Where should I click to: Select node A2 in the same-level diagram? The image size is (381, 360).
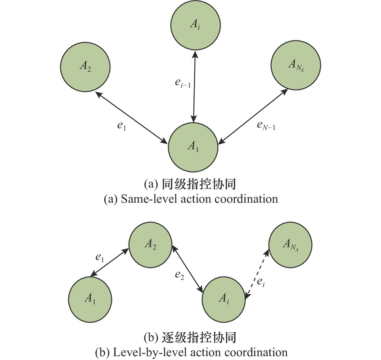click(84, 67)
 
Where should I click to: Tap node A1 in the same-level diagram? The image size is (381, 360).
click(193, 147)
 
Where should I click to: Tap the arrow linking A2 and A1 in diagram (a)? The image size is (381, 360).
click(131, 117)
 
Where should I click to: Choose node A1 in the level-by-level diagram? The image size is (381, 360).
click(90, 298)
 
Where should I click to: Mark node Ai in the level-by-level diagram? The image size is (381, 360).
click(224, 298)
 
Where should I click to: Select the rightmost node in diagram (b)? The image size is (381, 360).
click(290, 245)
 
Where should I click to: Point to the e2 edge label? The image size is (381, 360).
click(179, 275)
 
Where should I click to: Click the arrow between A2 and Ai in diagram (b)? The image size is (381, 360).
click(188, 270)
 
